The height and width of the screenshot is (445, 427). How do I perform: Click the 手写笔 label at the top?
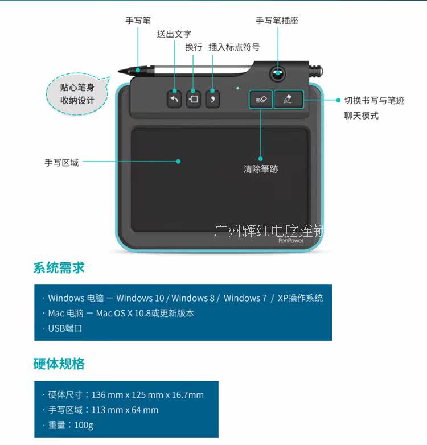138,20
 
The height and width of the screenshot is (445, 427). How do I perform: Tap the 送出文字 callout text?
174,34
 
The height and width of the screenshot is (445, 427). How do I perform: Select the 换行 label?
194,47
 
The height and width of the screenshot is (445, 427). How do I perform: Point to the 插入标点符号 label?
234,47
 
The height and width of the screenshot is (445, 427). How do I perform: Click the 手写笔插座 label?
277,20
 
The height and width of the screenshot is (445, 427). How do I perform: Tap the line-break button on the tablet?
194,100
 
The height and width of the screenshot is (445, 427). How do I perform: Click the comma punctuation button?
212,100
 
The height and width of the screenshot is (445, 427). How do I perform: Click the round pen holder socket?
278,73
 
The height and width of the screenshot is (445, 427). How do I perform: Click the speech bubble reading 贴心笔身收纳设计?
76,94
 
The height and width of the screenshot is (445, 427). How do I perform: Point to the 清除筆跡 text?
261,169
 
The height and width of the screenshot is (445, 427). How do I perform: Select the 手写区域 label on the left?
61,162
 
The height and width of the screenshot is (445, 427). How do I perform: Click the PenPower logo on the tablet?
291,241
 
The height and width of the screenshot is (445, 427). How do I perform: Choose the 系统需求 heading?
59,267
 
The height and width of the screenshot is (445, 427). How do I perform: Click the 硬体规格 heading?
59,364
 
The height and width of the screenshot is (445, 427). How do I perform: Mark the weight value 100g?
84,425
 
